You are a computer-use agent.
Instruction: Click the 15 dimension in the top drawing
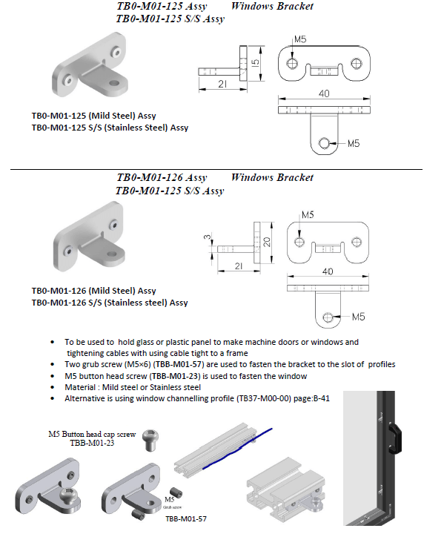[256, 62]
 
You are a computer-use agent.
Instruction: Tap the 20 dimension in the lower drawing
[267, 242]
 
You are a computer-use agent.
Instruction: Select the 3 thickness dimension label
[208, 237]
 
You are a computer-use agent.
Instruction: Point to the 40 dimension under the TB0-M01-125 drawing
[324, 93]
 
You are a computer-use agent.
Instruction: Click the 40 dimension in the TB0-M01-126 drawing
[328, 271]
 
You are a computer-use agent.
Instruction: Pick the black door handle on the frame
[395, 438]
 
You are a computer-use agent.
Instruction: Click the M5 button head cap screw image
[150, 440]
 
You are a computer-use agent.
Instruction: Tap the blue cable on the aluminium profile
[237, 448]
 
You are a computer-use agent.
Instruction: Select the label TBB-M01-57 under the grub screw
[186, 518]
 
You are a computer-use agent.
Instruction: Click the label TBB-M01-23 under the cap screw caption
[92, 443]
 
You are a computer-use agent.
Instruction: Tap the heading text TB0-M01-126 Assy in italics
[162, 178]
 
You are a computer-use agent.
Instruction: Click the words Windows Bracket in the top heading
[272, 6]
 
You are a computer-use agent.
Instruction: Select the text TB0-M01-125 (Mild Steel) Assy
[93, 116]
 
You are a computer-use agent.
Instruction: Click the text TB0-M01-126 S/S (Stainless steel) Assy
[110, 303]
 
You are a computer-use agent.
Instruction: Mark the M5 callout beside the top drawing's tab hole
[354, 143]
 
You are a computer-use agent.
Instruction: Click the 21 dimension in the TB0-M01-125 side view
[222, 84]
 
